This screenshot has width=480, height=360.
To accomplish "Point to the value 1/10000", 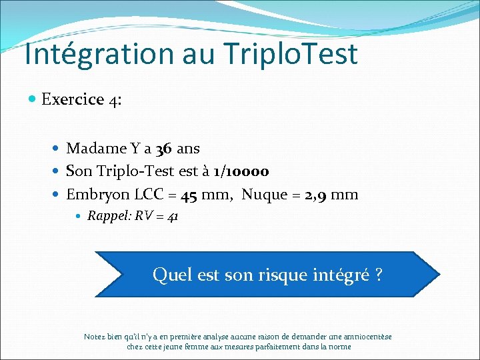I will pyautogui.click(x=241, y=171).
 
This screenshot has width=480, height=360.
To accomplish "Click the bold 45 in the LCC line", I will pyautogui.click(x=188, y=195).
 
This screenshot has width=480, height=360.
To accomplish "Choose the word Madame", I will pyautogui.click(x=98, y=148).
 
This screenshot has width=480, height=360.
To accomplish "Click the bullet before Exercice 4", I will pyautogui.click(x=33, y=100).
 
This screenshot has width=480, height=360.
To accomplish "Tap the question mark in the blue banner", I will pyautogui.click(x=378, y=275).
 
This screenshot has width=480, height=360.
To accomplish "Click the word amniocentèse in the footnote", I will pyautogui.click(x=367, y=337).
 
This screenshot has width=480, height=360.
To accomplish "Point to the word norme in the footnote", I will pyautogui.click(x=339, y=347).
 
